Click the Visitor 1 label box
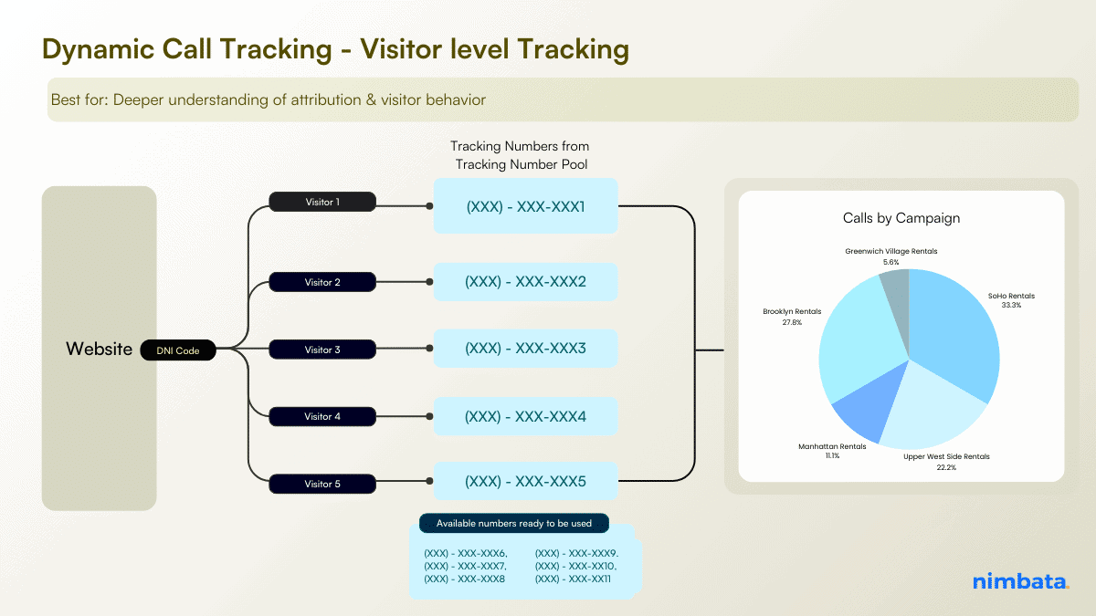point(322,202)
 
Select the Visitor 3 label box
point(322,350)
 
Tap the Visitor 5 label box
point(322,484)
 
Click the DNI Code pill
point(178,350)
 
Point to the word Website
point(99,350)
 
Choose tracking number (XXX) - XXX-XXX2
point(525,282)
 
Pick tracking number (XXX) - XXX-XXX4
point(525,416)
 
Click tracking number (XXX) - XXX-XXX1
point(525,206)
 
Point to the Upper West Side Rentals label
point(946,461)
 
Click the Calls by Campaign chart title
point(901,218)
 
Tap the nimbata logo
point(1019,581)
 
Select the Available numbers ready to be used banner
point(514,524)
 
